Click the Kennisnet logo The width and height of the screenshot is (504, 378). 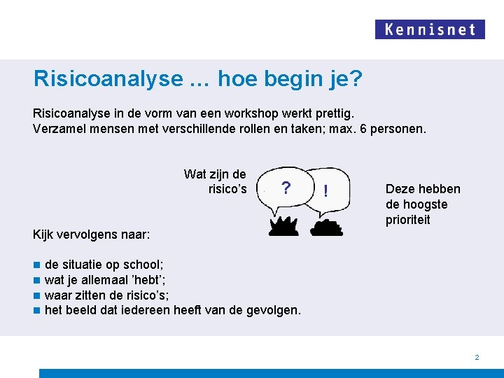(x=430, y=29)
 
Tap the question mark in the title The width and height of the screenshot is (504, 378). (x=356, y=78)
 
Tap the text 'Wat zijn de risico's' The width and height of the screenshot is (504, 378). (x=216, y=181)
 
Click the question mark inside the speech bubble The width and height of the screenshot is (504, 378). (x=285, y=188)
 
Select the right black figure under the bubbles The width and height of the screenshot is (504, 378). (x=325, y=227)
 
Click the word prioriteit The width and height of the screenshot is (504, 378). (x=407, y=220)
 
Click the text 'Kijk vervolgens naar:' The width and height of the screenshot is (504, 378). (x=92, y=234)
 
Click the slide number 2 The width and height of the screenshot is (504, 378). (x=477, y=357)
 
